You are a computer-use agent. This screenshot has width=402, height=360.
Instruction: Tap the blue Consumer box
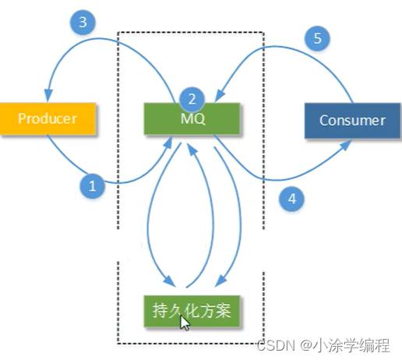[x=351, y=121]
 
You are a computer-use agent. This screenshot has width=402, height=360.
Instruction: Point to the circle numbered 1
[x=92, y=185]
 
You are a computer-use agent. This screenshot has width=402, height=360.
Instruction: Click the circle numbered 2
[x=192, y=99]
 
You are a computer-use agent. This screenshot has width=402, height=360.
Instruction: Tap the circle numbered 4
[x=291, y=198]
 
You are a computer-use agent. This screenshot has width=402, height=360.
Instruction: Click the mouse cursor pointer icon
[x=184, y=322]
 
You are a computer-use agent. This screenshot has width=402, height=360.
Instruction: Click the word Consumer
[x=351, y=121]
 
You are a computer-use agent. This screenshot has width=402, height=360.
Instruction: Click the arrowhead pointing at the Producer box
[x=49, y=97]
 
